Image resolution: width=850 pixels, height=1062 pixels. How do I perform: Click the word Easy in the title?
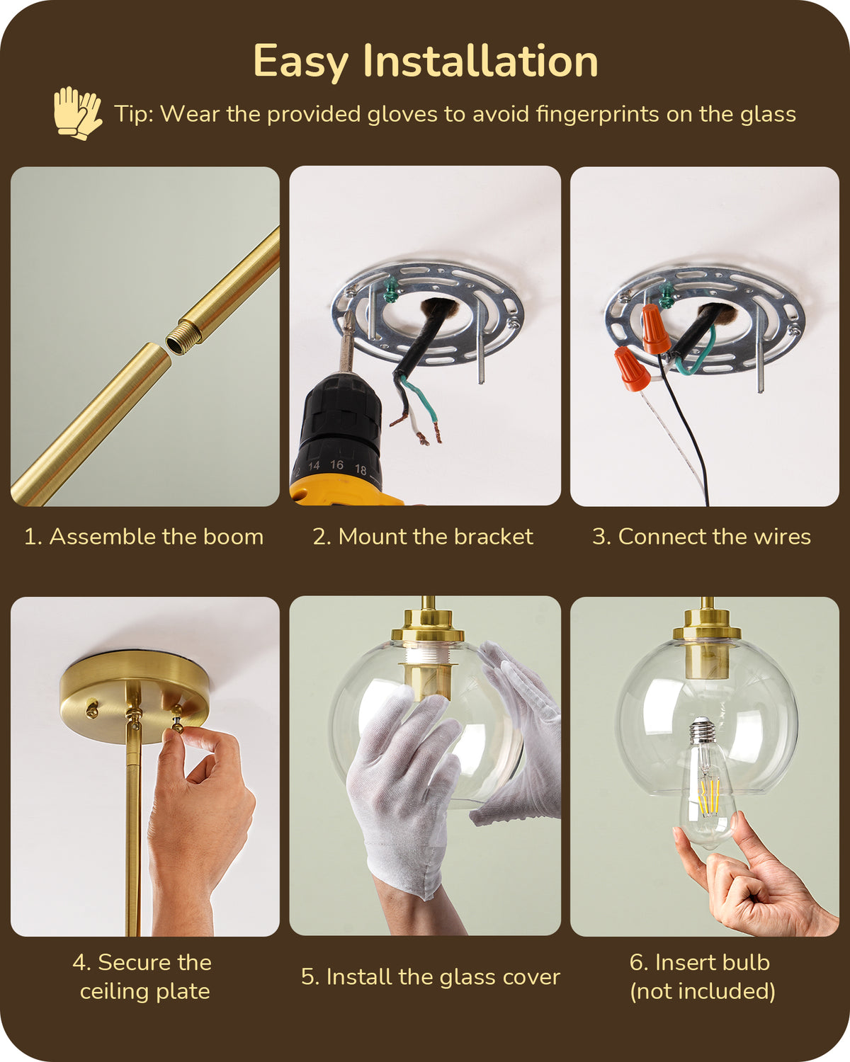(x=301, y=62)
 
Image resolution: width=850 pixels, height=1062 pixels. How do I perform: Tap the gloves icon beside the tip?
(x=77, y=113)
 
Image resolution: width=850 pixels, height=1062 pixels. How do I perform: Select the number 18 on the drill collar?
(x=361, y=469)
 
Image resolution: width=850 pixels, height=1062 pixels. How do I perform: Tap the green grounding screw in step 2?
(x=392, y=286)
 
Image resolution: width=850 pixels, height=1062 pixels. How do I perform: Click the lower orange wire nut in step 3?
(x=633, y=368)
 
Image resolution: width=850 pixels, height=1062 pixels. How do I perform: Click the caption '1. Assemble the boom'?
(x=144, y=537)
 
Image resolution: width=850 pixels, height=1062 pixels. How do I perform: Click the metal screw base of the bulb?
(x=703, y=731)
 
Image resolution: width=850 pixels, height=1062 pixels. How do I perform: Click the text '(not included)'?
(x=703, y=991)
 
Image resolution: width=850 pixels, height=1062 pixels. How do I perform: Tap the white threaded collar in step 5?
(x=424, y=654)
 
